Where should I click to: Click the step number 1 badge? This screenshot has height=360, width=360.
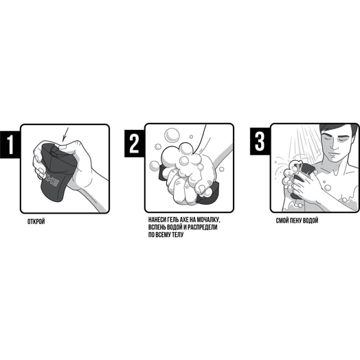point(10,144)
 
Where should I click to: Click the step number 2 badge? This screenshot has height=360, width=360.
point(135,144)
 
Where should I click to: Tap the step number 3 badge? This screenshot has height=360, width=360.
point(260,142)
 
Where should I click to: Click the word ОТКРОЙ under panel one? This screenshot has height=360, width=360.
point(36,222)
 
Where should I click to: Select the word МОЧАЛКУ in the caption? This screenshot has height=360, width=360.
point(208,220)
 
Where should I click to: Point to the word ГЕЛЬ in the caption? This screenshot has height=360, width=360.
point(173,220)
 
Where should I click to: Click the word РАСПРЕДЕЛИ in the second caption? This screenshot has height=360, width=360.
point(204,227)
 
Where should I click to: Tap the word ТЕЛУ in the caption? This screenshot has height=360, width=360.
point(177,235)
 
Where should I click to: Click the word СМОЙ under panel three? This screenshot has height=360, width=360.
point(282,221)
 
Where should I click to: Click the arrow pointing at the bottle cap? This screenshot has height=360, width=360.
point(65,134)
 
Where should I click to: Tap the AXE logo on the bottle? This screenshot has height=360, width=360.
point(52,181)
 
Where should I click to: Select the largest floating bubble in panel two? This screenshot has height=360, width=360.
point(172,135)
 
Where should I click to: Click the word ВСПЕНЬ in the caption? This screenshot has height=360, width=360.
point(156,227)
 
